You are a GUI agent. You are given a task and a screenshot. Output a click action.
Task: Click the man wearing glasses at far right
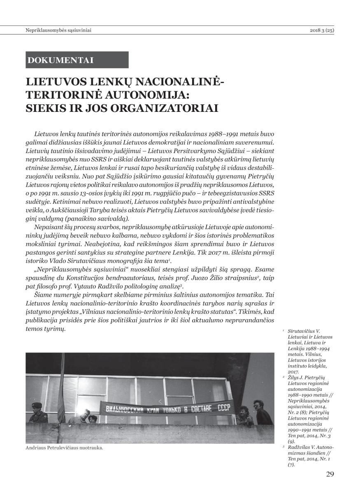tap(262, 411)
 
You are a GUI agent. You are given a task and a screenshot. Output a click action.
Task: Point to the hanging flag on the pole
tap(62, 395)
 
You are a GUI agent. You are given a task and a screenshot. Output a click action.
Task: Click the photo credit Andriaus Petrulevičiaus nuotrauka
tap(64, 448)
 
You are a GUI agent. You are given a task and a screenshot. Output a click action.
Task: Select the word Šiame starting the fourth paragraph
tap(43, 295)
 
